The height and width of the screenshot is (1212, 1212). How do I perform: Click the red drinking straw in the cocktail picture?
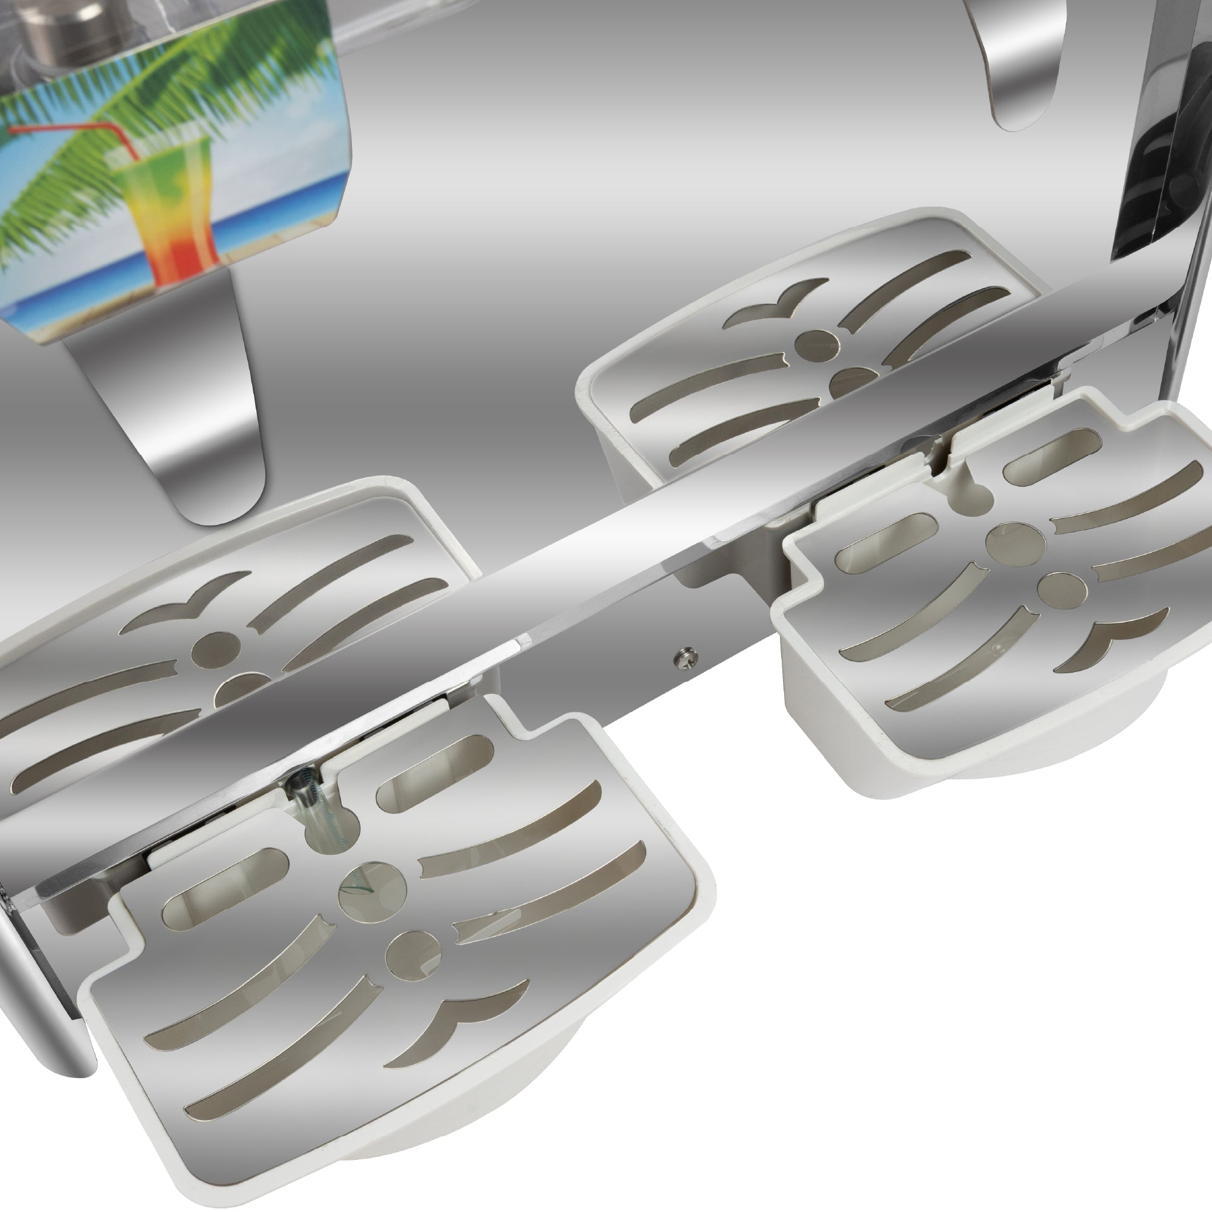pos(69,130)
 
